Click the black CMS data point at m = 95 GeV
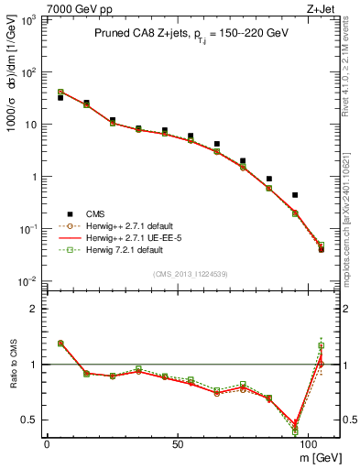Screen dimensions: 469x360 click(295, 195)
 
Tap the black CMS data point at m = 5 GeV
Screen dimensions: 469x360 click(60, 97)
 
